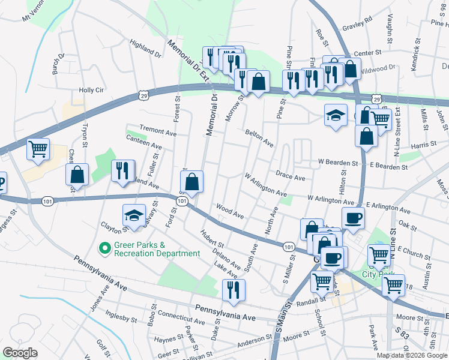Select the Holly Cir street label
[x=92, y=90]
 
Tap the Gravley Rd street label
[x=357, y=27]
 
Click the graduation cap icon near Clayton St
[x=134, y=216]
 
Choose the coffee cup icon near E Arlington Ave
[x=353, y=219]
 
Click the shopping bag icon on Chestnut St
[x=77, y=175]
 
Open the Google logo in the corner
[x=20, y=353]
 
